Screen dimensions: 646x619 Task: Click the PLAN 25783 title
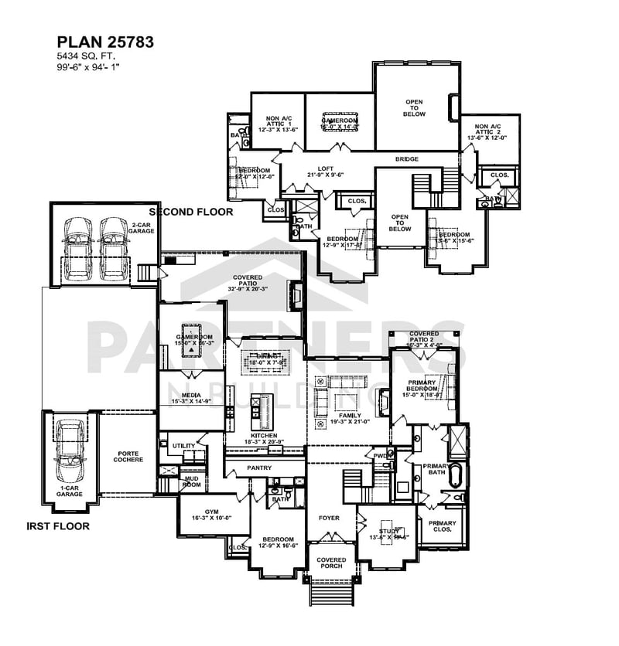(105, 42)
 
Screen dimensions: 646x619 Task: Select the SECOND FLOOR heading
(190, 211)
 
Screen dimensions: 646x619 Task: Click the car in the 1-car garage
(70, 457)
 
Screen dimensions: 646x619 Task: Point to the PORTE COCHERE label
(129, 457)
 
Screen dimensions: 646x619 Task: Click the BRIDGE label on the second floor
(407, 159)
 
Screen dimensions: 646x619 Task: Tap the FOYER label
(330, 517)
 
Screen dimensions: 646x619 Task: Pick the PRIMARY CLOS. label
(443, 526)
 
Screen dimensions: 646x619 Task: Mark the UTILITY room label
(183, 446)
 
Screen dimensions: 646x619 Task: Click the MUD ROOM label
(191, 482)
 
